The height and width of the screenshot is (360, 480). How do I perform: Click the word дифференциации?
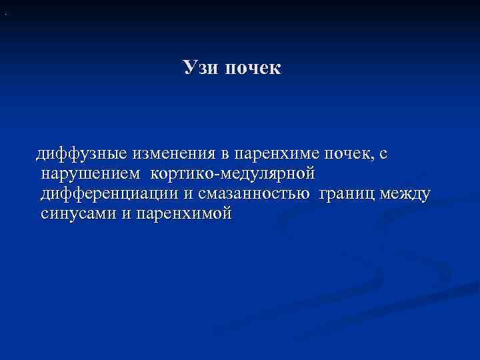click(x=109, y=194)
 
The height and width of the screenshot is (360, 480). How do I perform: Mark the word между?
click(x=408, y=194)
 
